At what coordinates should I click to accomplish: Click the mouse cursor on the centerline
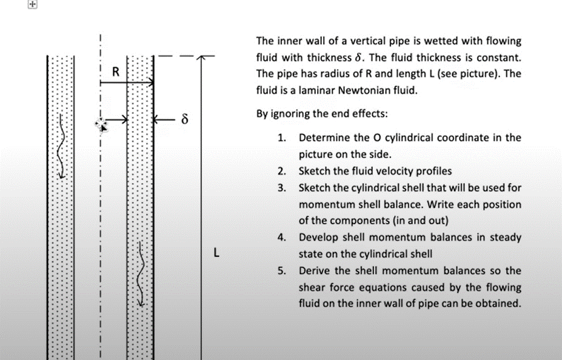(x=101, y=124)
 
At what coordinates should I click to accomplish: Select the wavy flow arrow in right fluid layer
(x=141, y=273)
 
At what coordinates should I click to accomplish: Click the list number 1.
(x=281, y=138)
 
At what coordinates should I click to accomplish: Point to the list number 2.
(x=281, y=171)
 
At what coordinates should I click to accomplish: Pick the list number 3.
(x=281, y=188)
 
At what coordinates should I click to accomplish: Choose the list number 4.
(x=281, y=238)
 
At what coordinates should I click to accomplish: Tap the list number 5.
(x=281, y=271)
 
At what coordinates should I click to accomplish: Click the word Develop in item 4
(x=318, y=238)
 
